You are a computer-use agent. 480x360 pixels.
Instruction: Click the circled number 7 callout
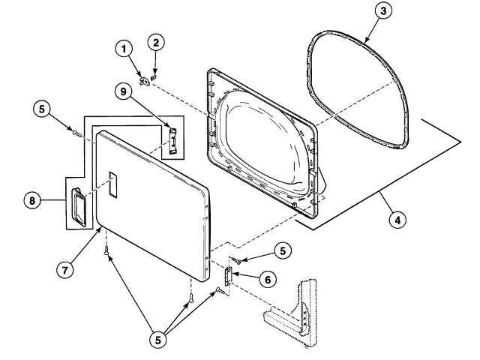tap(66, 268)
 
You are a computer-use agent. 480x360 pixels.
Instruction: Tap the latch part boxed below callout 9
tap(173, 140)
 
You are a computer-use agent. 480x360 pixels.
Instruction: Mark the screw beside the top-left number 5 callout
tap(76, 133)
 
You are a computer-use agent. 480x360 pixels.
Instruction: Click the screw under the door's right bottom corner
tap(191, 298)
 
